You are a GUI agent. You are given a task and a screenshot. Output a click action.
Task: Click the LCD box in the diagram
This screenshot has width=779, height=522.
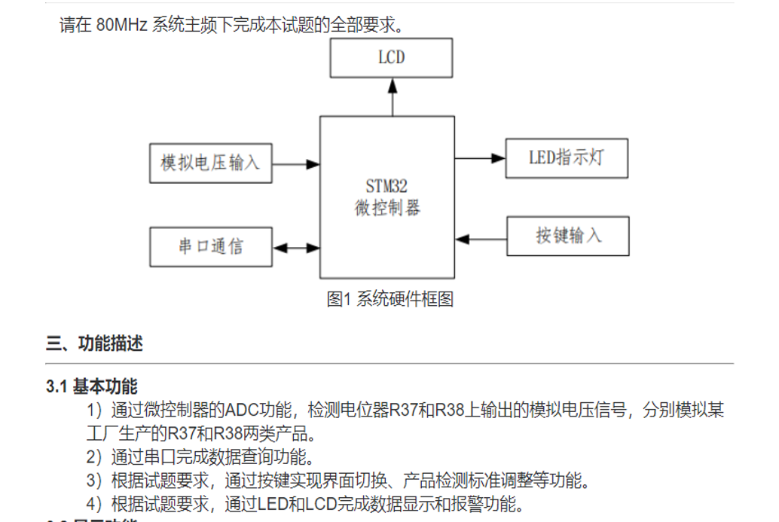tap(391, 58)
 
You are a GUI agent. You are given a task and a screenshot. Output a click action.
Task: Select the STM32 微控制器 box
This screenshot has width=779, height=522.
tap(386, 226)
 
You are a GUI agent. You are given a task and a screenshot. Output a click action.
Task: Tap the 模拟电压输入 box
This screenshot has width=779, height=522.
tap(210, 163)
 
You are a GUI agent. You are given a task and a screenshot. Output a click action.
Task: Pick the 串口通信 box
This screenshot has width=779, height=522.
tap(210, 246)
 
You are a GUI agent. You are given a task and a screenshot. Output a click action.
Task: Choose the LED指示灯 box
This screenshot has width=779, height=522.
tap(566, 158)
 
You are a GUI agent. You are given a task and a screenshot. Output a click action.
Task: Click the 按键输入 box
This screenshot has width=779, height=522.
tap(567, 236)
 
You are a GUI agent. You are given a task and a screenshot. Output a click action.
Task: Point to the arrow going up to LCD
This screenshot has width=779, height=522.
tap(392, 97)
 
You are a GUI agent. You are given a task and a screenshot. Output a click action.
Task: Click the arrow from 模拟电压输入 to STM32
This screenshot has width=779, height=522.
tap(295, 163)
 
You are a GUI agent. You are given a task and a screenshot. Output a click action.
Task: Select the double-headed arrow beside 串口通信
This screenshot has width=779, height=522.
tap(295, 247)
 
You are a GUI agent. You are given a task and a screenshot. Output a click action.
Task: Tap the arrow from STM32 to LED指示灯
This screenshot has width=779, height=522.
tap(480, 158)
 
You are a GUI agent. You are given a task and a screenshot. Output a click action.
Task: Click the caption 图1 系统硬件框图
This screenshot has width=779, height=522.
tap(389, 299)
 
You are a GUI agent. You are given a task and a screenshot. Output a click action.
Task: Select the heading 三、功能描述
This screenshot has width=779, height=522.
tap(94, 344)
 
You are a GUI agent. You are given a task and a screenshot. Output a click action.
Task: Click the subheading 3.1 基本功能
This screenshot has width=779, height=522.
tap(92, 387)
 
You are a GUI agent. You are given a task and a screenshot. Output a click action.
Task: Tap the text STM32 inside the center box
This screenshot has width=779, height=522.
tap(386, 186)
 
